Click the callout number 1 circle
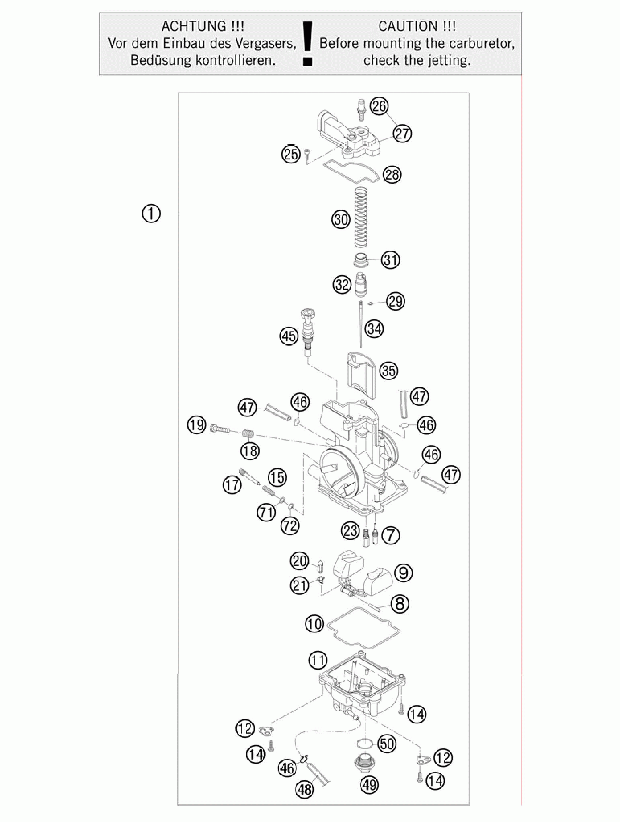point(151,213)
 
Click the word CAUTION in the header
point(408,27)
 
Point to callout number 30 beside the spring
point(341,220)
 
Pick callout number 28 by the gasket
point(392,175)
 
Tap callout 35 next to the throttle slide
point(388,371)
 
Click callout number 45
point(289,336)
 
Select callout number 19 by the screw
point(197,425)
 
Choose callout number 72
point(290,525)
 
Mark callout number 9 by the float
point(404,573)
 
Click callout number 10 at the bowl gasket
point(314,624)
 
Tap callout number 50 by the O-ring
point(387,744)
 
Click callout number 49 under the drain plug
point(370,785)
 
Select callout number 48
point(304,789)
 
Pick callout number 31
point(390,260)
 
